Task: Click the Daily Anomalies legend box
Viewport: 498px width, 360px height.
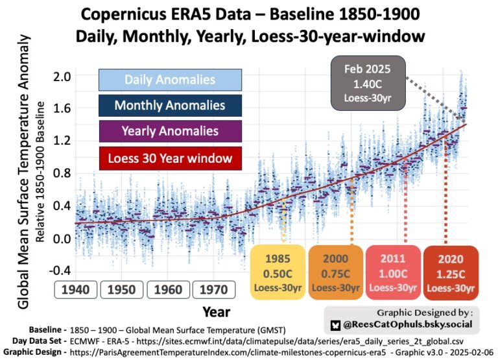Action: pyautogui.click(x=170, y=80)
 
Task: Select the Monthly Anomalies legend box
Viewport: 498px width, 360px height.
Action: pyautogui.click(x=170, y=106)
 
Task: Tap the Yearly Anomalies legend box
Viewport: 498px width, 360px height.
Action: pyautogui.click(x=170, y=131)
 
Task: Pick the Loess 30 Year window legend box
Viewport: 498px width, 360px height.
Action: pyautogui.click(x=170, y=157)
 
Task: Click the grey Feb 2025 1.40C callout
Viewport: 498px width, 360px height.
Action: pyautogui.click(x=367, y=84)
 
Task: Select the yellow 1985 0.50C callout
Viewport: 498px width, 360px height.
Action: pyautogui.click(x=277, y=272)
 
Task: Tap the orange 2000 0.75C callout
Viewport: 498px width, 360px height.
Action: pyautogui.click(x=335, y=272)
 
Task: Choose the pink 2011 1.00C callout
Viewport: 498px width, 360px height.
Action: pyautogui.click(x=392, y=272)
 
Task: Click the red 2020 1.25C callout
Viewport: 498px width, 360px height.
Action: pyautogui.click(x=450, y=272)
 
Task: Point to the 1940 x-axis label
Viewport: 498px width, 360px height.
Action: pyautogui.click(x=77, y=290)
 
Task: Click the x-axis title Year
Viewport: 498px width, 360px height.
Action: pyautogui.click(x=216, y=312)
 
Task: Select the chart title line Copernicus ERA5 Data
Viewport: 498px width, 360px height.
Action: pyautogui.click(x=249, y=14)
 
